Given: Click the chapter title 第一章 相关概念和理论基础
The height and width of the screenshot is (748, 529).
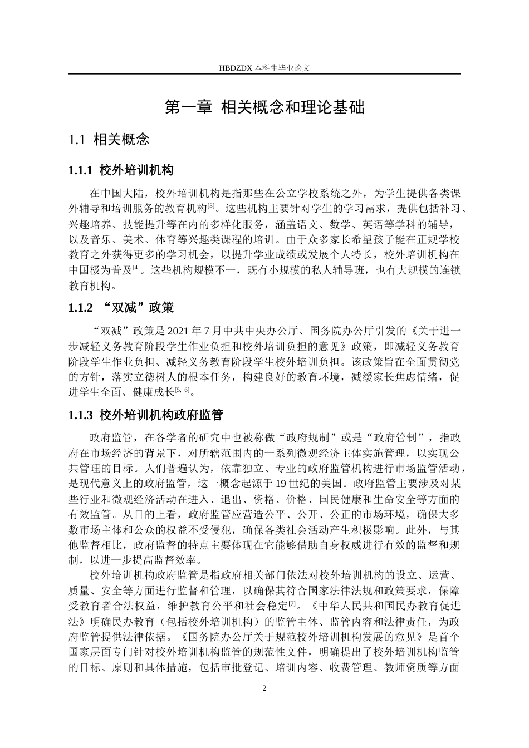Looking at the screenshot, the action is click(x=264, y=107).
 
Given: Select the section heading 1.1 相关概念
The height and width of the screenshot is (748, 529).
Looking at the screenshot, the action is click(x=109, y=139).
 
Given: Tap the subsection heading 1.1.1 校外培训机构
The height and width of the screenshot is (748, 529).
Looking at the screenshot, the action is click(x=120, y=170).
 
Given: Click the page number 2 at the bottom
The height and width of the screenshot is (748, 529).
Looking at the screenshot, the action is click(x=264, y=688).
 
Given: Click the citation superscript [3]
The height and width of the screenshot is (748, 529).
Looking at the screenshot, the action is click(x=211, y=206).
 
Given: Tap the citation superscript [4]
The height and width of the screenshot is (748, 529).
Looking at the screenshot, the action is click(x=135, y=268).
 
